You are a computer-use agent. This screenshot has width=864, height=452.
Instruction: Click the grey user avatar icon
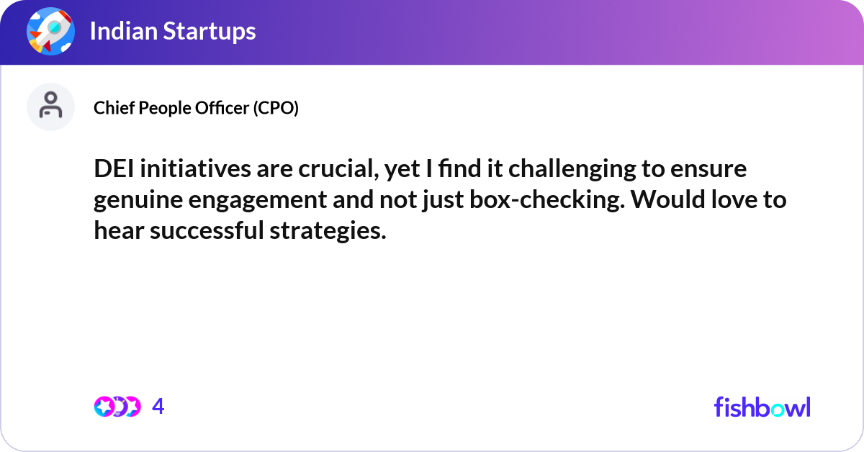[x=50, y=107]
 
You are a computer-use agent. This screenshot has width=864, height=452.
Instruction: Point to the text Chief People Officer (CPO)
[x=196, y=108]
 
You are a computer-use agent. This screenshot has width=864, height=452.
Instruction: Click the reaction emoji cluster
[x=117, y=407]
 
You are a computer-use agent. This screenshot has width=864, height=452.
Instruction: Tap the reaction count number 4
[x=158, y=407]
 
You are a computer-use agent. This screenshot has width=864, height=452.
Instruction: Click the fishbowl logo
[x=762, y=407]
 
